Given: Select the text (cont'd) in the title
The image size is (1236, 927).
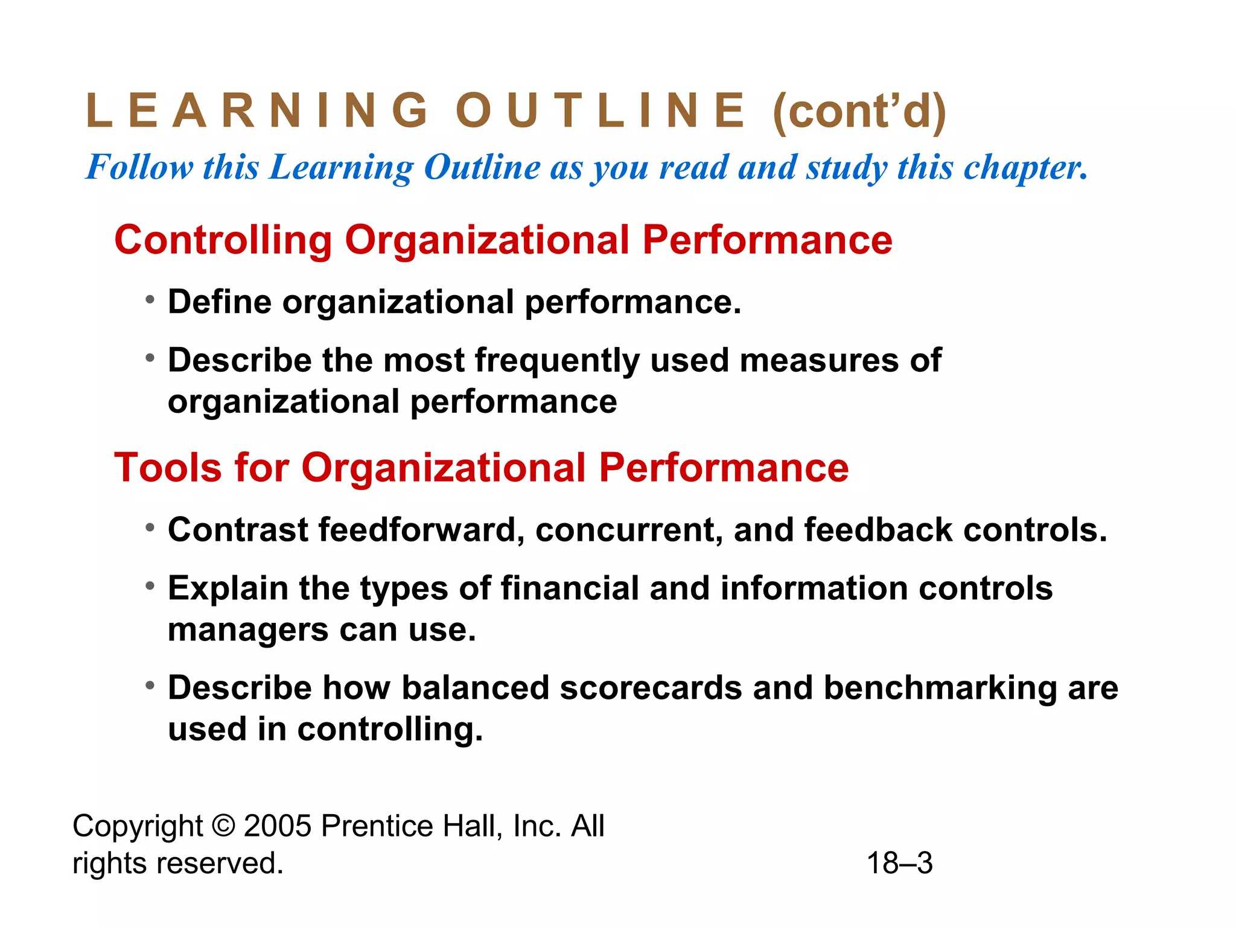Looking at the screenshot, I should click(x=859, y=112).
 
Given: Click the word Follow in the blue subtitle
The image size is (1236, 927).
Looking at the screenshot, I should click(x=139, y=167).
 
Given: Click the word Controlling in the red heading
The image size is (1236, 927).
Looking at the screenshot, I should click(x=223, y=240).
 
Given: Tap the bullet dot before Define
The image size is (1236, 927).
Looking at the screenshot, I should click(x=150, y=299).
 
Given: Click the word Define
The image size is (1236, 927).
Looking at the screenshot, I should click(x=220, y=302).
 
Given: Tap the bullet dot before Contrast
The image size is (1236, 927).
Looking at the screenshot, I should click(x=150, y=528).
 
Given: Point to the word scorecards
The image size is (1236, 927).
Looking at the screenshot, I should click(x=651, y=688).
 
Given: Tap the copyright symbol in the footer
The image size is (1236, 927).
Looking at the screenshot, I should click(x=223, y=826).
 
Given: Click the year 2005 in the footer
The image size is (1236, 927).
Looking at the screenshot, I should click(x=278, y=826).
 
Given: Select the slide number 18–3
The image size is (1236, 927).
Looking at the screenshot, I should click(x=899, y=863).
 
